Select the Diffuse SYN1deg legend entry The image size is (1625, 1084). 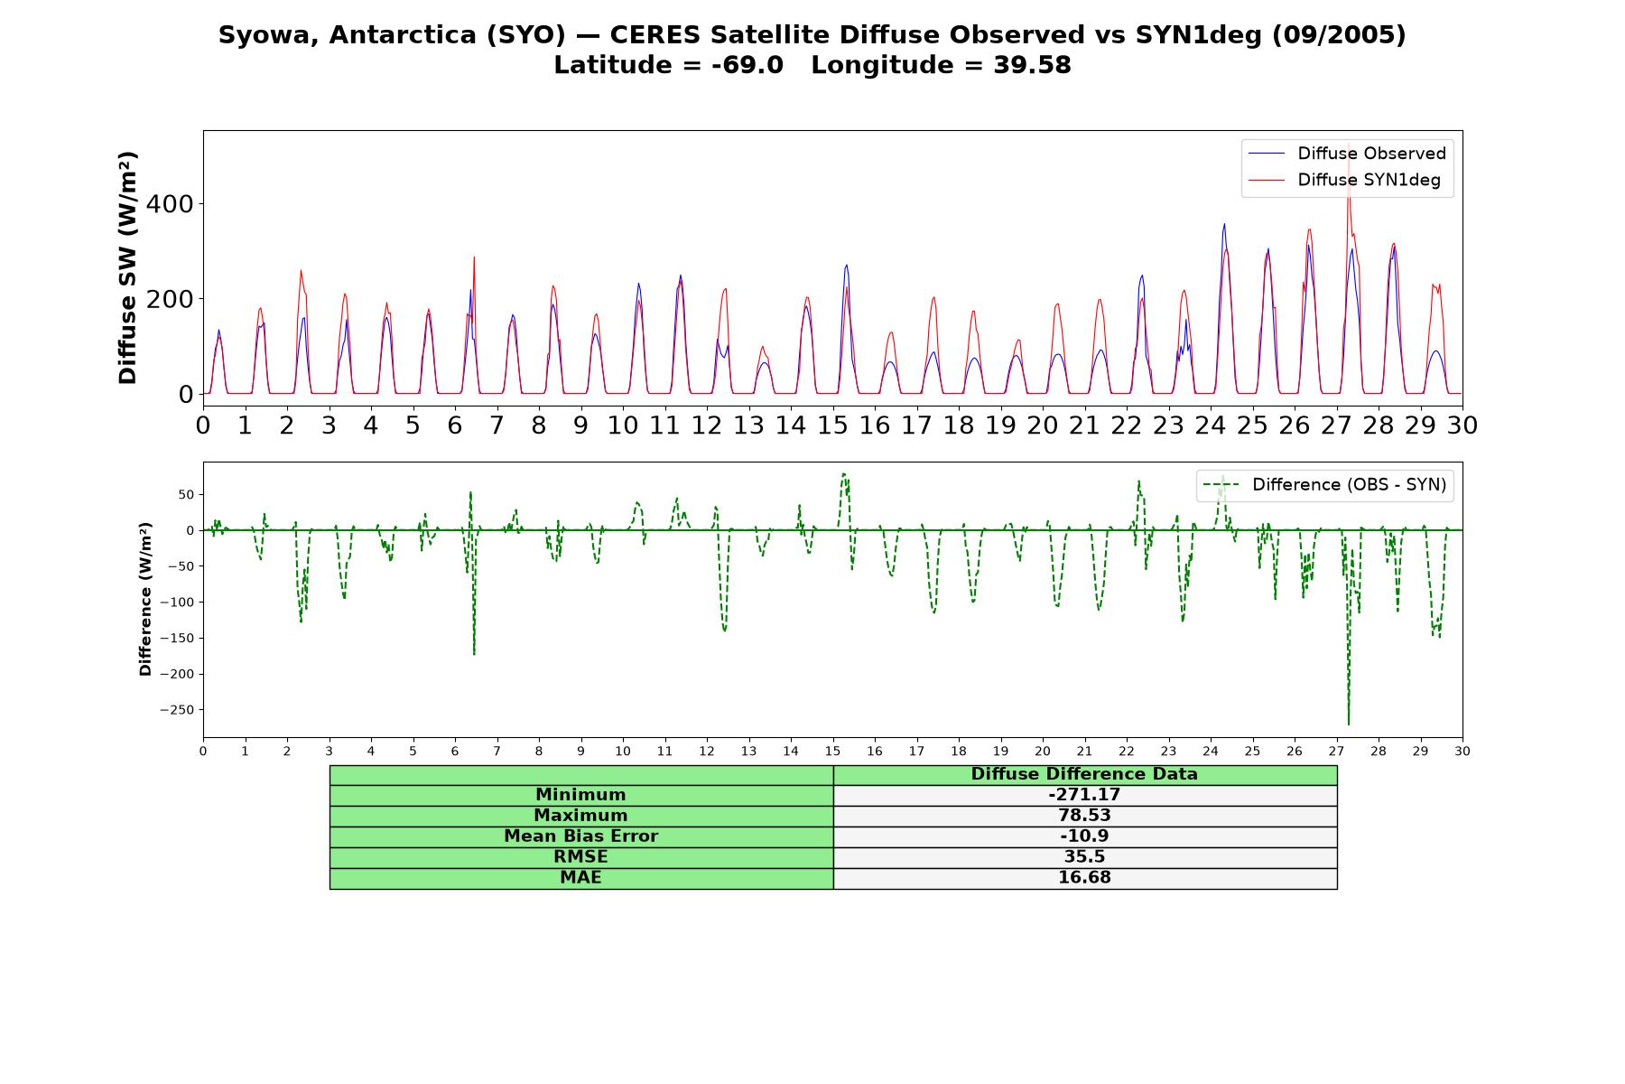[1344, 180]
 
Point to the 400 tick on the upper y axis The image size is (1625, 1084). [171, 204]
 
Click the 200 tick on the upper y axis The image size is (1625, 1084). [171, 299]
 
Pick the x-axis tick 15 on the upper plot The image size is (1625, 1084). [832, 425]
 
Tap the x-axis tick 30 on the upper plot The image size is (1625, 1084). [1462, 425]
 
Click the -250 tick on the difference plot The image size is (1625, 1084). [177, 710]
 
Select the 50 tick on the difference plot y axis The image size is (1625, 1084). [186, 495]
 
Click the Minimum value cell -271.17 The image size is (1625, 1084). [1084, 795]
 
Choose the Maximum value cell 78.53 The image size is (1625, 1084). [1084, 816]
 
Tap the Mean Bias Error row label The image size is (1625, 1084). [580, 836]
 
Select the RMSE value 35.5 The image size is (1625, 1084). [1084, 857]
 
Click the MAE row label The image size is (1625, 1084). [580, 878]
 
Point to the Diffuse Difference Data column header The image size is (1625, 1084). [1084, 774]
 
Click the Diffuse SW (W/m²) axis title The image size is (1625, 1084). [127, 268]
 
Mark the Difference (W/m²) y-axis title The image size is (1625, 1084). [145, 599]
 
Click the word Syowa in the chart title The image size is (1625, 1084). [269, 35]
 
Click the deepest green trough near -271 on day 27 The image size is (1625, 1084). [1349, 724]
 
